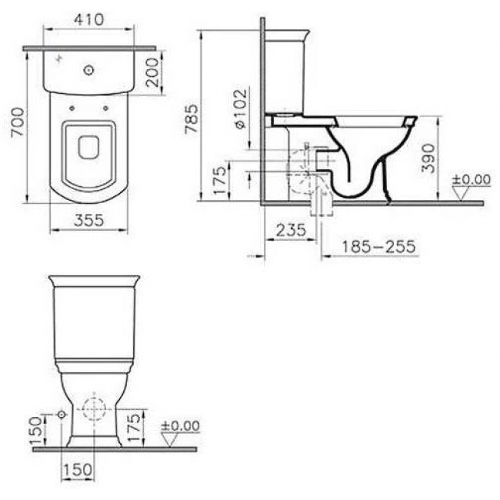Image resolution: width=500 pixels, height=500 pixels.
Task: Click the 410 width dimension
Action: click(89, 19)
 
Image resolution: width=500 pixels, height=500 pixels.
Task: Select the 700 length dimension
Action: click(18, 122)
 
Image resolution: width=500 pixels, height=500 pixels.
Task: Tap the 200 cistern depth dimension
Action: click(152, 72)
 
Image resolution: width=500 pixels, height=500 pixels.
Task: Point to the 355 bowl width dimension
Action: click(89, 220)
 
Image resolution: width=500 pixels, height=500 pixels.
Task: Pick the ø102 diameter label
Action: click(241, 108)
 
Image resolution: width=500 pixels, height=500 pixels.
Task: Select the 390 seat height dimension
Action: click(428, 158)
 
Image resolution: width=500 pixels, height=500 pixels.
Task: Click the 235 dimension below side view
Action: click(291, 229)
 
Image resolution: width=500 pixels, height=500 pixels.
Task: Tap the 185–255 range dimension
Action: click(378, 246)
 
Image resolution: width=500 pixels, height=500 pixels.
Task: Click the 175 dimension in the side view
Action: click(220, 181)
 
